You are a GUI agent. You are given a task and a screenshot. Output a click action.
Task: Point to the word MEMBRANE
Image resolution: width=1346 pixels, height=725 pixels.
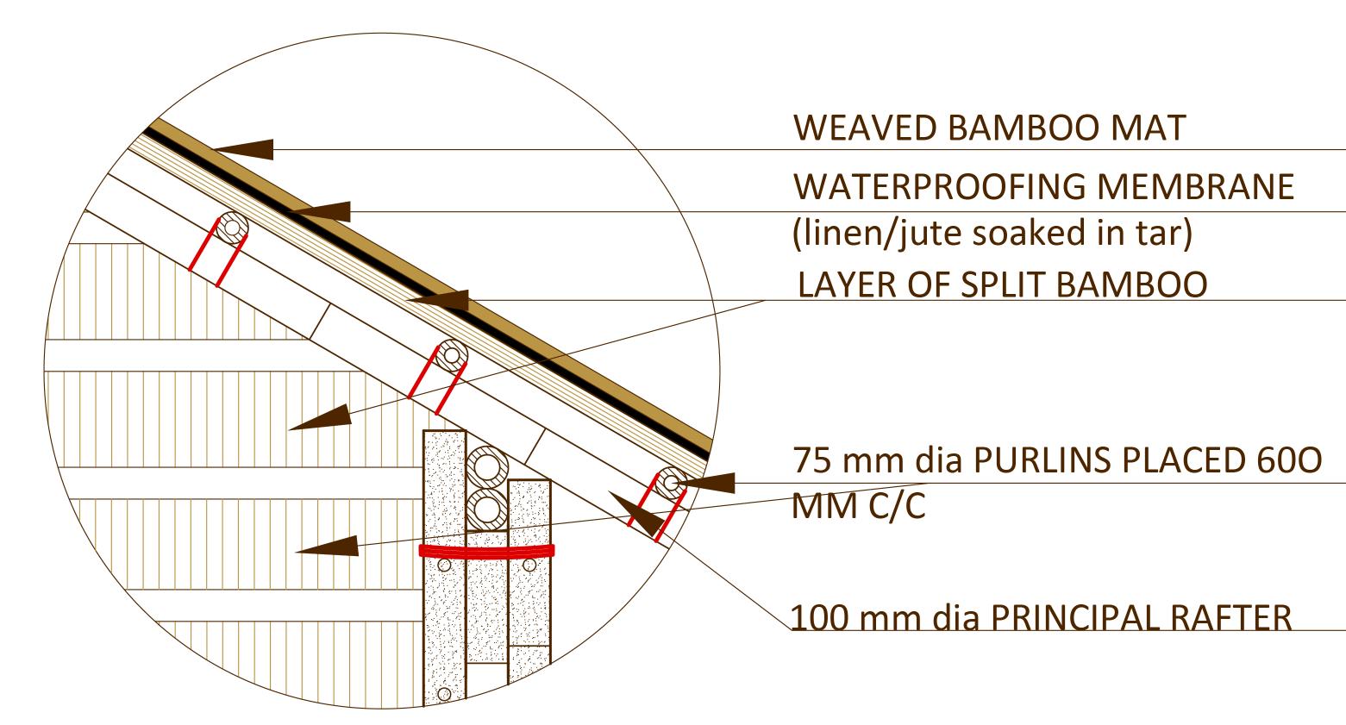pyautogui.click(x=1207, y=186)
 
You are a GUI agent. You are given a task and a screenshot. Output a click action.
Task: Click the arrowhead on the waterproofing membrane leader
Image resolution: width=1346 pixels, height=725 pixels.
pyautogui.click(x=322, y=211)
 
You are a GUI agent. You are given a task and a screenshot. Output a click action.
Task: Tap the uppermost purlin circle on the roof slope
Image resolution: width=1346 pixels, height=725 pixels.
pyautogui.click(x=232, y=227)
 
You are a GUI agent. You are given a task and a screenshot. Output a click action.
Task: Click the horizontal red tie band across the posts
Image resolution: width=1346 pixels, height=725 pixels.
pyautogui.click(x=486, y=551)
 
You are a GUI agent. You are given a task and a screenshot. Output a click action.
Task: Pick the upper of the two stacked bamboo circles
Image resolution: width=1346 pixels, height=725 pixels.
pyautogui.click(x=487, y=467)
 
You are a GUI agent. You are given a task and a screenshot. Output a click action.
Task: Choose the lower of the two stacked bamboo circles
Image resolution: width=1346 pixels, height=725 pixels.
pyautogui.click(x=487, y=508)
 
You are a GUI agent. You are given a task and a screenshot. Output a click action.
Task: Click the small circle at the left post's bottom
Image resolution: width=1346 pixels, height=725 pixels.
pyautogui.click(x=444, y=693)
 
